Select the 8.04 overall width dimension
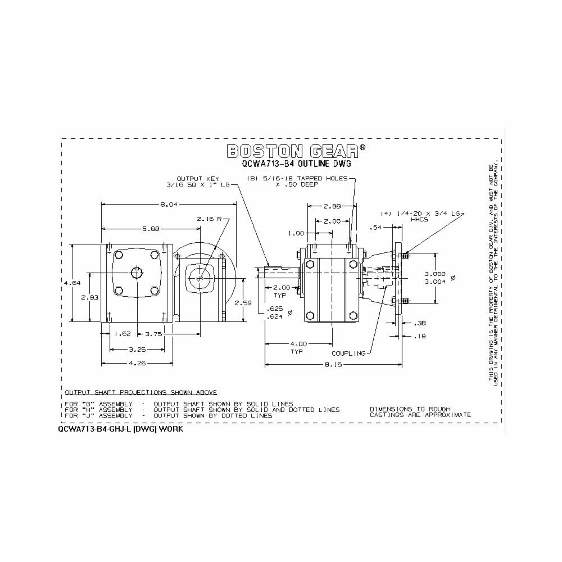[169, 205]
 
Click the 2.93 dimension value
[90, 297]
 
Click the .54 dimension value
[375, 228]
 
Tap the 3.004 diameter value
[435, 282]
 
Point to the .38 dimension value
[419, 323]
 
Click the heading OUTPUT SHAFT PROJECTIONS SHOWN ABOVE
[140, 392]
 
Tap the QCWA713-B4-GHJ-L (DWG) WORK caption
[120, 428]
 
